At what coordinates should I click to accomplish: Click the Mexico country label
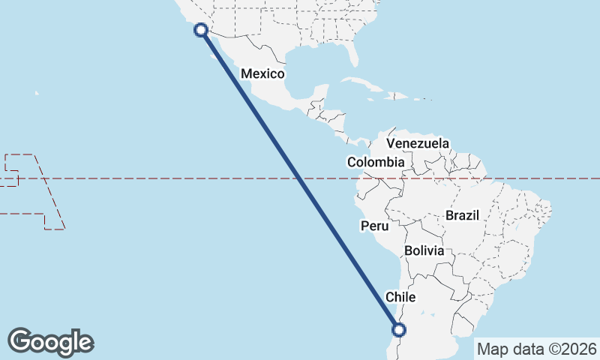pos(262,73)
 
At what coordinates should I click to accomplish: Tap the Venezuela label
pos(418,143)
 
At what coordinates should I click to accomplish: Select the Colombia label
pos(376,162)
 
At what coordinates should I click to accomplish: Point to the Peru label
pos(374,225)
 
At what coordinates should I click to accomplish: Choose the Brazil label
pos(462,215)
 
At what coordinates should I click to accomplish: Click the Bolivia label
pos(424,250)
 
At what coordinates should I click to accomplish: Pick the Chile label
pos(400,297)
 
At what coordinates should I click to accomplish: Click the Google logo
pos(50,341)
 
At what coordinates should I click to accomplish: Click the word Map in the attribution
pos(491,349)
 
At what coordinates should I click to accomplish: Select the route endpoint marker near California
pos(200,30)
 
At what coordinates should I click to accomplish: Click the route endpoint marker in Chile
pos(399,328)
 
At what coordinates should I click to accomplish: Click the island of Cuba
pos(360,82)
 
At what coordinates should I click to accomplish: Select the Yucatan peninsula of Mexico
pos(320,94)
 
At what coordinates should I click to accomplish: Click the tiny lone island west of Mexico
pos(36,93)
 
